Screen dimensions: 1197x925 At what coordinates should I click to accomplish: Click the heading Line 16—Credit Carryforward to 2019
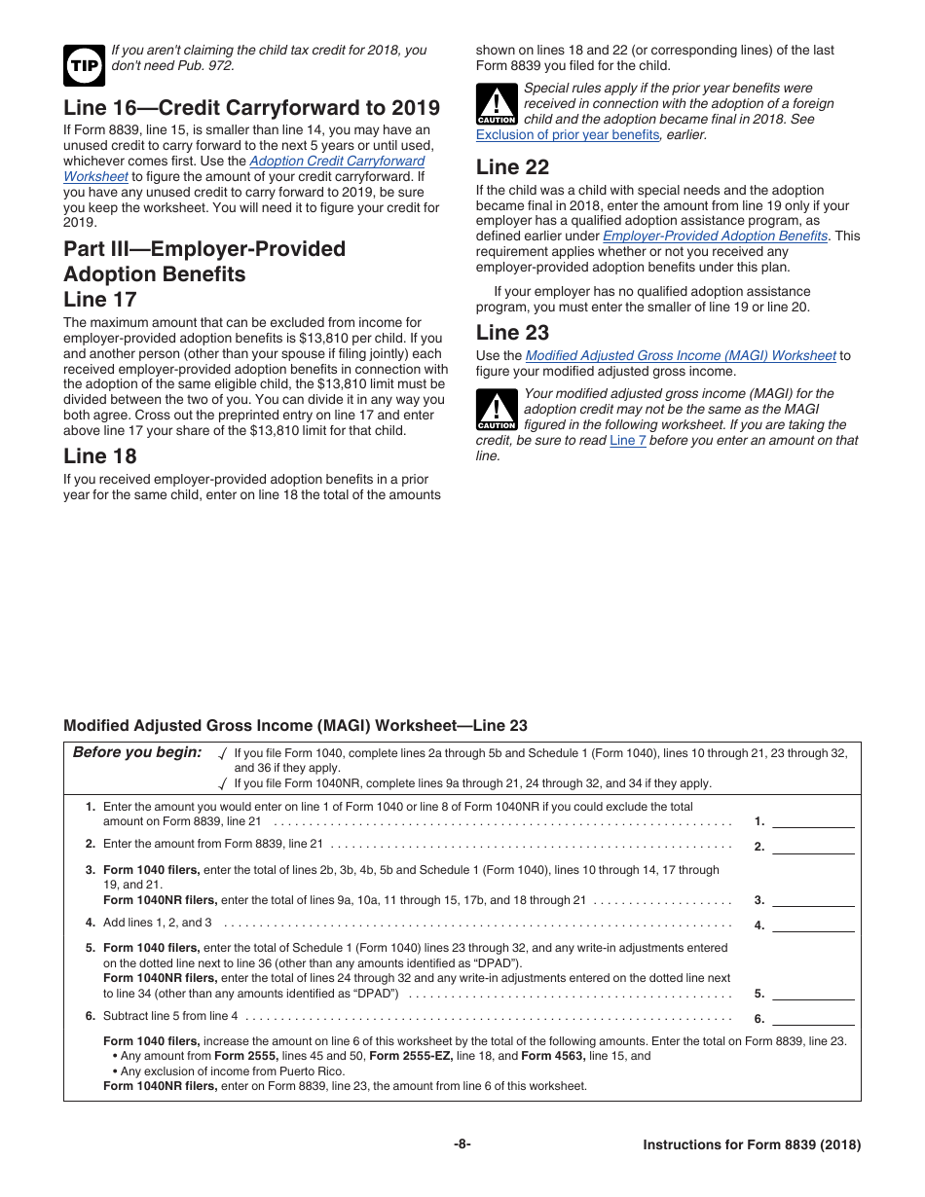251,108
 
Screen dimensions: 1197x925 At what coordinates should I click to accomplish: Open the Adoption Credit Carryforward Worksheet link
336,162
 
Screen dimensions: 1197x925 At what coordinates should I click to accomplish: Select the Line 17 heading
100,300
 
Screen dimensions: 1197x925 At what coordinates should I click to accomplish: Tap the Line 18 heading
100,456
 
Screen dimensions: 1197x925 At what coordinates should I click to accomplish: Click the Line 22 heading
512,167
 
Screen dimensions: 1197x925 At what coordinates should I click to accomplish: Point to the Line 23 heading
512,333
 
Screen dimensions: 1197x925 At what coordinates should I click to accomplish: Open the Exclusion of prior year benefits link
567,135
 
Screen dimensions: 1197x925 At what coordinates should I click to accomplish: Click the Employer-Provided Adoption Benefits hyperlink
715,236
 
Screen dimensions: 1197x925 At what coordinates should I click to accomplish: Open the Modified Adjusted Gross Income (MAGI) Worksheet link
680,356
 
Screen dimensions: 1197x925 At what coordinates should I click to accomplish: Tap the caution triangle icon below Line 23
497,410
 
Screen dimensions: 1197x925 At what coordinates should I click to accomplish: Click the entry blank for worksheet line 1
813,820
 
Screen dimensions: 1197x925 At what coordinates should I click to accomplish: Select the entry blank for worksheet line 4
813,925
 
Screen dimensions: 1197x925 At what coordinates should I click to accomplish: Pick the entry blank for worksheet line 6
813,1018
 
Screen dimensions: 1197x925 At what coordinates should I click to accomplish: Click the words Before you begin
137,752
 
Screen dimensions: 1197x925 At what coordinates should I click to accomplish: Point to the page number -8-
462,1145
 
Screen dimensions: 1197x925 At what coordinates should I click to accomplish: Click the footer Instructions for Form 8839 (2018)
752,1145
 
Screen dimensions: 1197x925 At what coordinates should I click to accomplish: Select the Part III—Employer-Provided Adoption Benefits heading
204,262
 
